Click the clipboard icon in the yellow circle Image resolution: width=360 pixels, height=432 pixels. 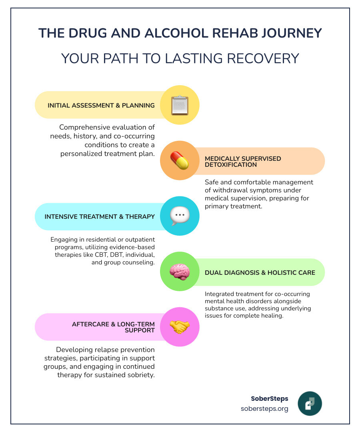[x=180, y=105]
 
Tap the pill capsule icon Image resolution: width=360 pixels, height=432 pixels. [x=180, y=161]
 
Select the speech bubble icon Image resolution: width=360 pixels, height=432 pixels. [x=180, y=216]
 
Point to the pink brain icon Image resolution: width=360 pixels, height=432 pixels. [x=180, y=272]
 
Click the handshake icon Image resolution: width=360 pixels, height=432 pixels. [x=180, y=327]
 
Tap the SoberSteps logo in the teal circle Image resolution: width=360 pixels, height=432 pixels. [x=310, y=404]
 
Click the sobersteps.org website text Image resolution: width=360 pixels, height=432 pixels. [x=264, y=409]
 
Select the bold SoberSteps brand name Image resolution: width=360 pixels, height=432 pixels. [x=269, y=398]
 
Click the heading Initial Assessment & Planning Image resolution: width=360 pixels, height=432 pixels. [x=101, y=106]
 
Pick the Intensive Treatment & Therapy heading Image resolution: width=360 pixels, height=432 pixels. [x=100, y=216]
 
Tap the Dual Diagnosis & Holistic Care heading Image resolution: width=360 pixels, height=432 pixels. [x=260, y=272]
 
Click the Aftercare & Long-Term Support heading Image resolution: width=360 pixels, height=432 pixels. [x=113, y=327]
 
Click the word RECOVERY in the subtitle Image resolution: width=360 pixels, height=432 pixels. [x=263, y=58]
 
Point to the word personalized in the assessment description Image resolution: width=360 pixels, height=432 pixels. [x=87, y=154]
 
